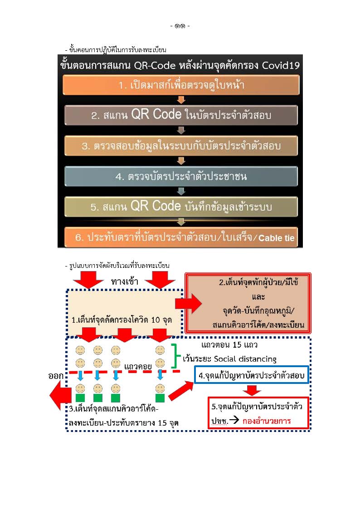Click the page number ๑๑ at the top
point(180,26)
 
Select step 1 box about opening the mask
point(181,85)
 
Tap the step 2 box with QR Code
point(181,115)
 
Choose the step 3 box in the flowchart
point(181,146)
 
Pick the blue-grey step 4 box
point(181,176)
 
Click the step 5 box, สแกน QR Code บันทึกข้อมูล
point(181,207)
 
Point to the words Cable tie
point(276,238)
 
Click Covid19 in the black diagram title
point(281,65)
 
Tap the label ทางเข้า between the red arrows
point(124,281)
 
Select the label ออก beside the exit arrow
point(56,376)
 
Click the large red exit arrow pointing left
point(60,395)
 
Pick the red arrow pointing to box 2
point(189,304)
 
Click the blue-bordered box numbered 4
point(252,375)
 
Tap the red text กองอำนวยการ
point(267,421)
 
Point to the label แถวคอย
point(138,367)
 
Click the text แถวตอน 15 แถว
point(229,345)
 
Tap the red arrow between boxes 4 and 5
point(252,390)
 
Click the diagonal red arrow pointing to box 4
point(181,391)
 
